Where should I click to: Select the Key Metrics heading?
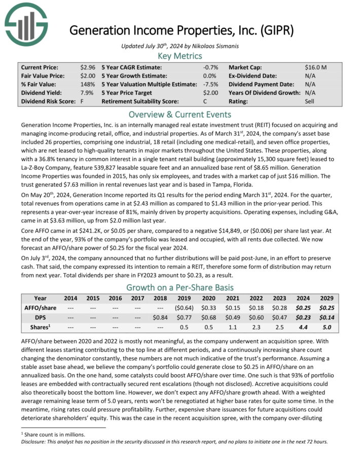click(x=180, y=56)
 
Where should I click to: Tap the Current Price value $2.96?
click(x=88, y=67)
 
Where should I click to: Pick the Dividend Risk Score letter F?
click(x=82, y=101)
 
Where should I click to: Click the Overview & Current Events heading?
click(x=180, y=114)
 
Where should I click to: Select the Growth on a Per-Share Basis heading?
click(x=180, y=286)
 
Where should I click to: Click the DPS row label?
click(x=40, y=317)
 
